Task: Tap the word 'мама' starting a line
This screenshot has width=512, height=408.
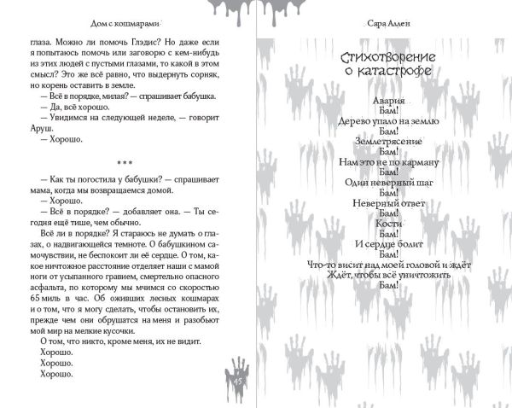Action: click(40, 192)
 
